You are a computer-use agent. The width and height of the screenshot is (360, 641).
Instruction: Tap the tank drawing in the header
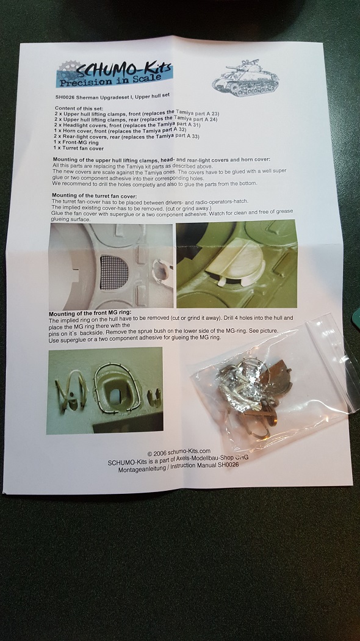(x=245, y=78)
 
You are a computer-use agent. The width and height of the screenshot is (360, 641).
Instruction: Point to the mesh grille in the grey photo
(x=114, y=273)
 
